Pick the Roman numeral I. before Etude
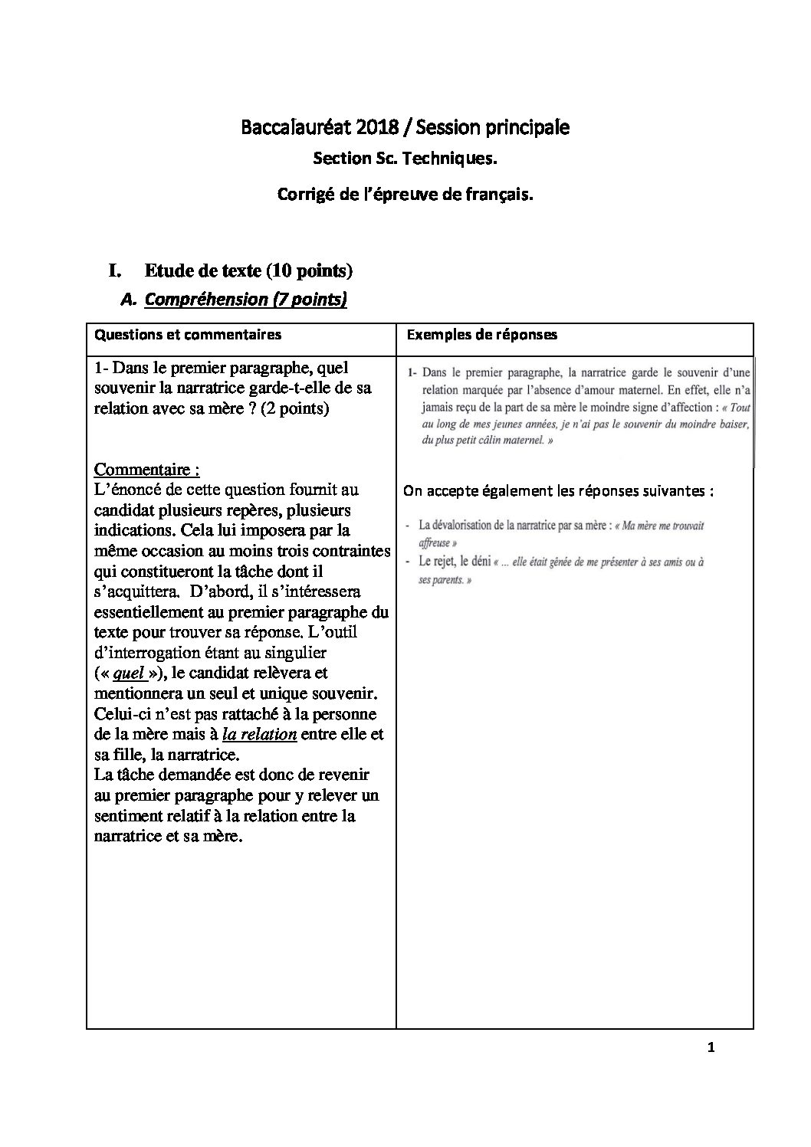pos(116,270)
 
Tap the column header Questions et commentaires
pos(187,334)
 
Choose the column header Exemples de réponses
pos(481,334)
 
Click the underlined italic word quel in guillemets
pos(129,673)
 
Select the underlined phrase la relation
pos(259,734)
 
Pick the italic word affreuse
pos(434,542)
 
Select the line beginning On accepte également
pos(558,491)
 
